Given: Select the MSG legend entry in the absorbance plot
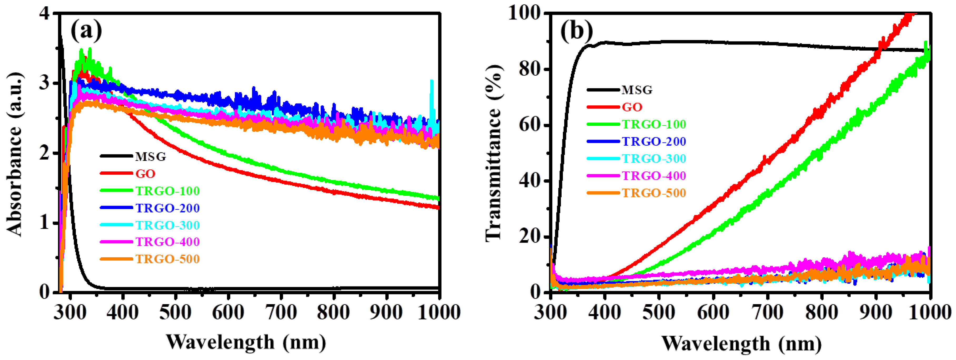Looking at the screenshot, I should [150, 157].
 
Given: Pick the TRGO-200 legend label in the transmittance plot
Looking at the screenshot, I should [654, 141].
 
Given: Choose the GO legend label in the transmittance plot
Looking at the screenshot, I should [632, 107].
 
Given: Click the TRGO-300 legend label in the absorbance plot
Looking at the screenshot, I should [167, 225].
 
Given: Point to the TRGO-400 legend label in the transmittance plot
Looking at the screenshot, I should [654, 176].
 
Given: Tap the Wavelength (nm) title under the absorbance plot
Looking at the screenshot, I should [246, 342].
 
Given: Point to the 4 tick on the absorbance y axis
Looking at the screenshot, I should [44, 14].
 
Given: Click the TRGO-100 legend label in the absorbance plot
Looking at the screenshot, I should [167, 191].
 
